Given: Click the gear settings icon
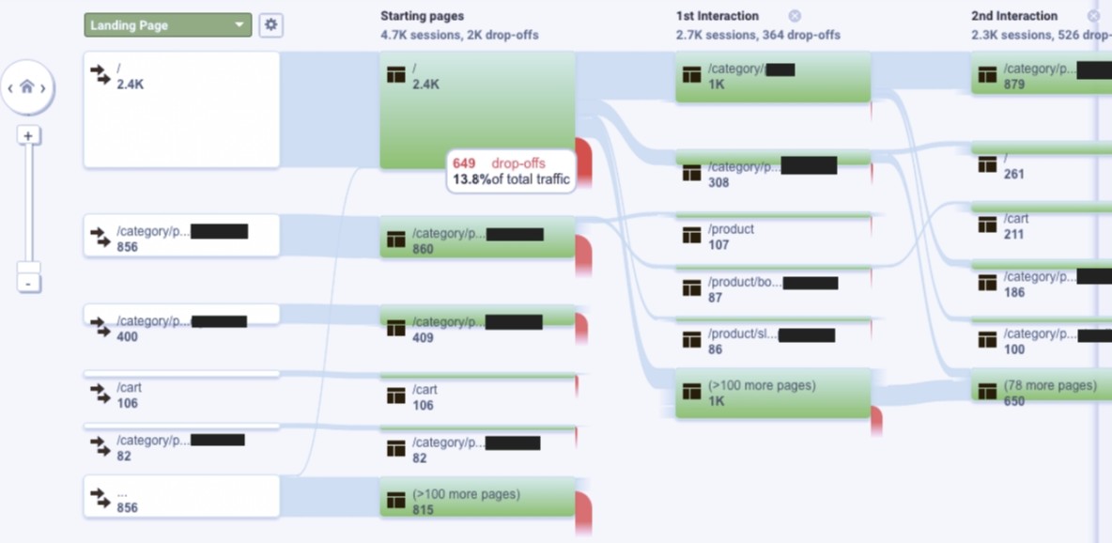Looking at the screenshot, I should pyautogui.click(x=270, y=25).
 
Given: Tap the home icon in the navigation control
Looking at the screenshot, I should pyautogui.click(x=27, y=87).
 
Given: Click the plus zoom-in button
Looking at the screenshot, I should pyautogui.click(x=28, y=136).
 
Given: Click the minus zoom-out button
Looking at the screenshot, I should pyautogui.click(x=29, y=283).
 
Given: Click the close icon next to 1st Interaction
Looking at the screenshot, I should pyautogui.click(x=795, y=16).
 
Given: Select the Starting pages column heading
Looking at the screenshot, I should pyautogui.click(x=422, y=16).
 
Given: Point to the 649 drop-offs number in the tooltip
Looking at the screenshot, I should pyautogui.click(x=464, y=163).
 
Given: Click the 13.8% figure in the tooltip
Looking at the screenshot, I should pyautogui.click(x=471, y=179).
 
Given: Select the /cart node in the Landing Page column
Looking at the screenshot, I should pyautogui.click(x=181, y=395).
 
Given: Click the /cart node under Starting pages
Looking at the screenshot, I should pyautogui.click(x=478, y=396).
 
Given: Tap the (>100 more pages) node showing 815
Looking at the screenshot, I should pyautogui.click(x=478, y=501).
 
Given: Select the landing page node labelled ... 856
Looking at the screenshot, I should pyautogui.click(x=181, y=499).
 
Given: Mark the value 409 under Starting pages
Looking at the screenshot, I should pyautogui.click(x=423, y=337).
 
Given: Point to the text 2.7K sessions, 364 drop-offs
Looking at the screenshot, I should pyautogui.click(x=758, y=35).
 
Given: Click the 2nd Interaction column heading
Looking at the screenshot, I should pyautogui.click(x=1014, y=16).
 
